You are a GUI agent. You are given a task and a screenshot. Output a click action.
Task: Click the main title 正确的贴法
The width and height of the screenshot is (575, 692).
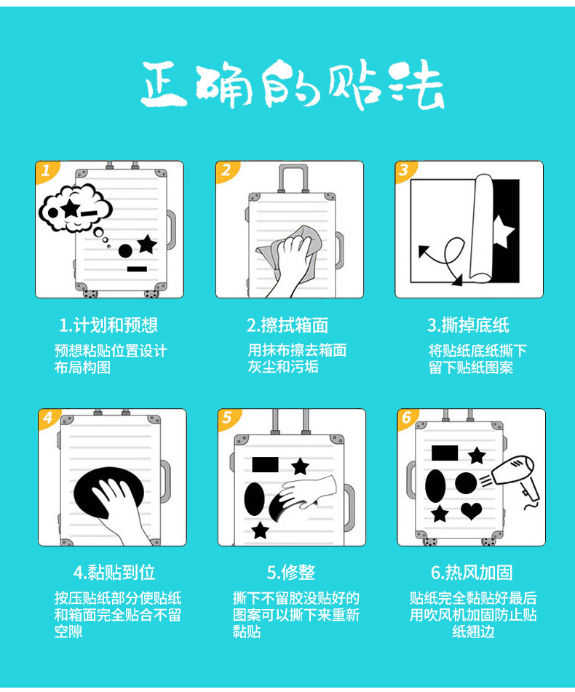pos(291,86)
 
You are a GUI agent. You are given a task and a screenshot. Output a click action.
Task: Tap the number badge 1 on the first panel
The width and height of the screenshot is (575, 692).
pos(45,171)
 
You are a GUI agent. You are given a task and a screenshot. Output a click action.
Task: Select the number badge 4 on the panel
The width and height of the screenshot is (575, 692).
pos(48,418)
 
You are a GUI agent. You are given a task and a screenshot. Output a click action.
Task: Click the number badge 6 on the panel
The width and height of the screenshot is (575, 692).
pos(406,418)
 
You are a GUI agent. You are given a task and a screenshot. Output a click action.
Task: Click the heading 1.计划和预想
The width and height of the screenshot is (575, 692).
pos(108,325)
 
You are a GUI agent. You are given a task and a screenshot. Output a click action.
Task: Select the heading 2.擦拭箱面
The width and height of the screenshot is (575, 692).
pos(287,325)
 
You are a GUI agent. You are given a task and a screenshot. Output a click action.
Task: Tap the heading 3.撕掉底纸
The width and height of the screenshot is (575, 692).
pos(468,325)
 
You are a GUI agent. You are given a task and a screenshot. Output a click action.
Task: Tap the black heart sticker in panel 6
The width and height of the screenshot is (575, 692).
pos(471,511)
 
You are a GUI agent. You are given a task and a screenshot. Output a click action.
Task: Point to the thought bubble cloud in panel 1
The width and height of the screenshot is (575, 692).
pos(73,210)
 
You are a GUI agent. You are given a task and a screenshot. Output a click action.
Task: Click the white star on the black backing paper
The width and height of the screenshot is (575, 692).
pos(503,231)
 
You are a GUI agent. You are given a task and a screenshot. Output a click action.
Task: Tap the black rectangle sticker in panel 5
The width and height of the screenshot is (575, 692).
pos(265,464)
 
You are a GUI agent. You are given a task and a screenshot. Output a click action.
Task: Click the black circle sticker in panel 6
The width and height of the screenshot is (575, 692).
pos(466,483)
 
